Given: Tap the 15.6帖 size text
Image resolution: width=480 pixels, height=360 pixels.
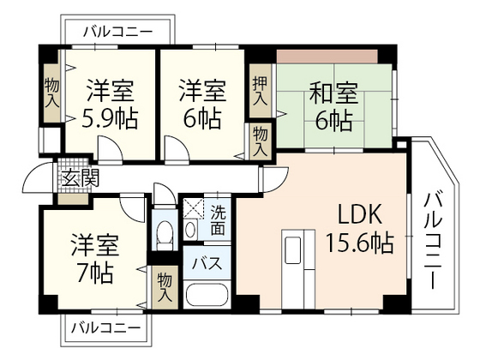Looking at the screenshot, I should pyautogui.click(x=358, y=243).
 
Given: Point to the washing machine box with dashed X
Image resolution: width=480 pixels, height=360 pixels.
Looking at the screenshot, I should pyautogui.click(x=194, y=209).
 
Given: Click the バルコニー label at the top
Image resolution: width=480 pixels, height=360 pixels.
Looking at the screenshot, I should pyautogui.click(x=117, y=32).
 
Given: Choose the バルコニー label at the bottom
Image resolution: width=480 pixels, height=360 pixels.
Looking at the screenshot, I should pyautogui.click(x=105, y=327).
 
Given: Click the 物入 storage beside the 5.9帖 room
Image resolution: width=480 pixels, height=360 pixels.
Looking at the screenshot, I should pyautogui.click(x=51, y=92).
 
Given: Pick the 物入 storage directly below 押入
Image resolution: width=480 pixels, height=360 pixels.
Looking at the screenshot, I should pyautogui.click(x=260, y=140).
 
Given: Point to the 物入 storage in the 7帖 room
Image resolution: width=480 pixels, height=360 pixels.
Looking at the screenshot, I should pyautogui.click(x=164, y=285).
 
